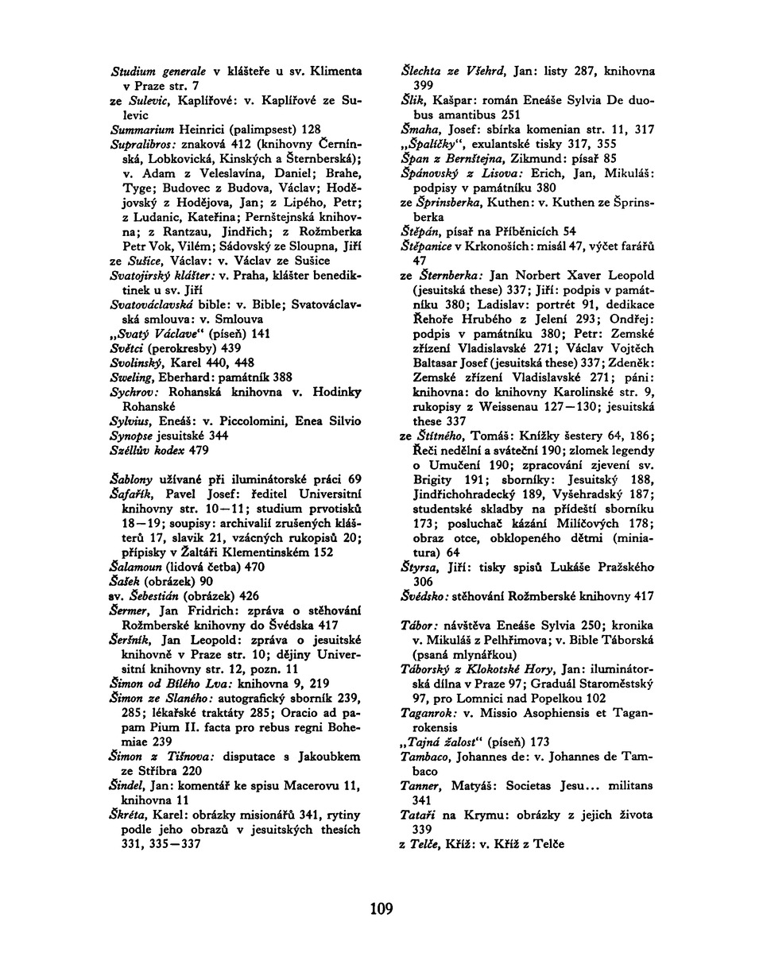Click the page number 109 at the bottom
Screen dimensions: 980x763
click(381, 907)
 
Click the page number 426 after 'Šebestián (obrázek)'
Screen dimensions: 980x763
click(249, 596)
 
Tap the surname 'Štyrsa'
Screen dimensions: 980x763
click(420, 567)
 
